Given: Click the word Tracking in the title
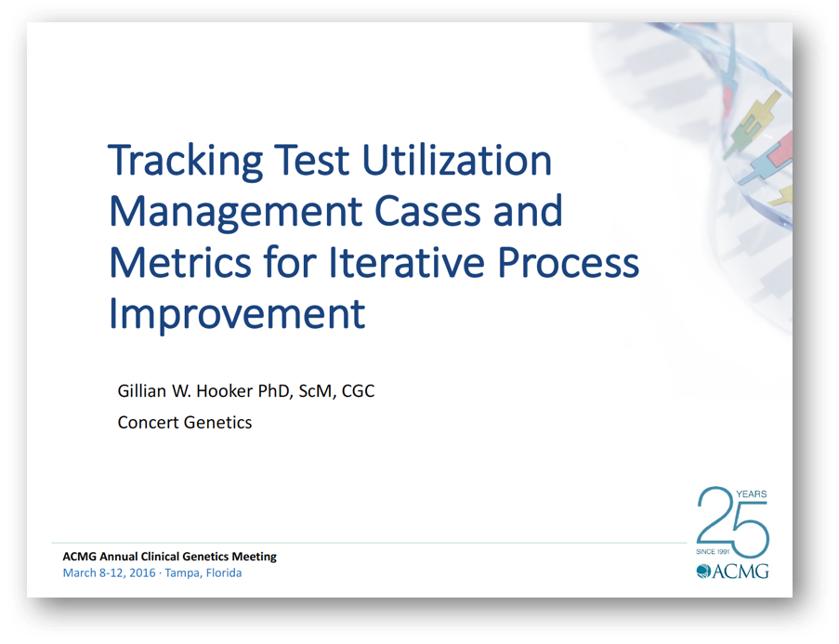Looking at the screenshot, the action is click(185, 161).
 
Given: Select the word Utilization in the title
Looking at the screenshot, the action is click(456, 160).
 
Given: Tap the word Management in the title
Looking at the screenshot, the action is click(236, 213).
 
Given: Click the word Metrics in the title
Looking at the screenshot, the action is click(180, 262).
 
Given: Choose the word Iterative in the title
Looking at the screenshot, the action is click(407, 262).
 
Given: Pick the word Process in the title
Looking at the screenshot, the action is click(569, 262).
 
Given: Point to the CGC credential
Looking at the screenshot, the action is click(358, 391).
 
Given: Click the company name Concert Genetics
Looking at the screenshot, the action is click(185, 423).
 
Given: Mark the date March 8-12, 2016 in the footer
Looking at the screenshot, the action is click(109, 572).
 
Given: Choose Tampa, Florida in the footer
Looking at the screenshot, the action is click(203, 573).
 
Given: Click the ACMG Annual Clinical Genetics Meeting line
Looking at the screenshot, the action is click(170, 557).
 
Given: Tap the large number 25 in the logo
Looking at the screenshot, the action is click(732, 522).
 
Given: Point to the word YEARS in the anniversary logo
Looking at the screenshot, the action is click(752, 494).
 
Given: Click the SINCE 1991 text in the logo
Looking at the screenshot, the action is click(713, 551).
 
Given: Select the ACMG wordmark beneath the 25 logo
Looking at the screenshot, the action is click(732, 572).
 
